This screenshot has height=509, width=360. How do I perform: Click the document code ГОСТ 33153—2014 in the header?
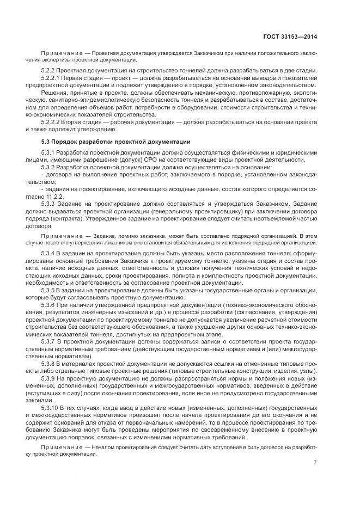(x=291, y=37)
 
